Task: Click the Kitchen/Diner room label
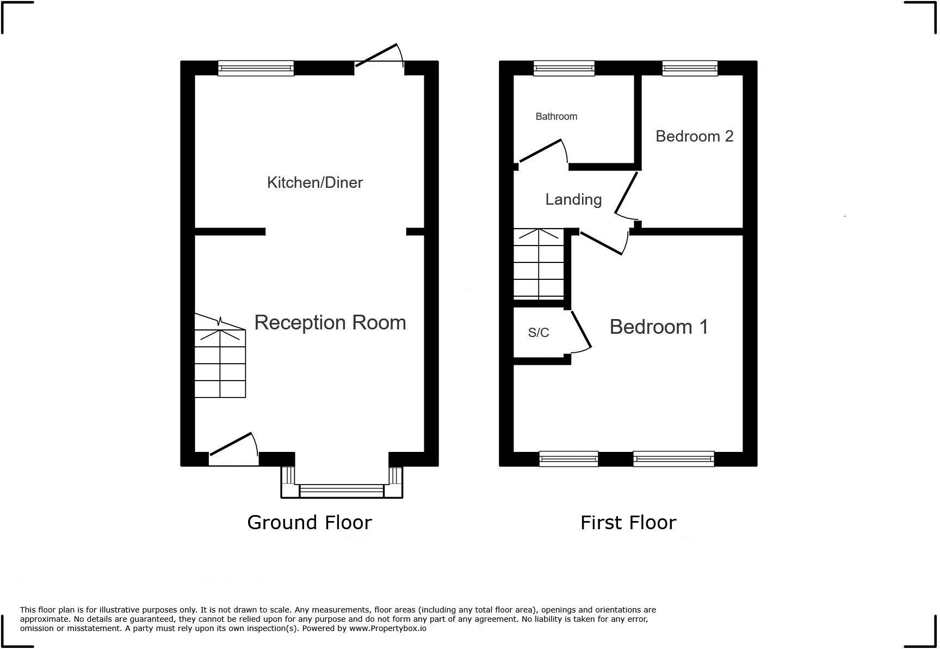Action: click(x=314, y=182)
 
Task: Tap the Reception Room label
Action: click(x=330, y=322)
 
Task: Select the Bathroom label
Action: click(x=556, y=117)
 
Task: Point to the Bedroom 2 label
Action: click(x=694, y=136)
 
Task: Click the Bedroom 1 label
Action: click(x=659, y=327)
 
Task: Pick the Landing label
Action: click(x=573, y=199)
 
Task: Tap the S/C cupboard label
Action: click(x=539, y=333)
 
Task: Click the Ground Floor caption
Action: click(x=309, y=523)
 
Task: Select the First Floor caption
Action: click(x=628, y=523)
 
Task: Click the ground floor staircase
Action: click(x=220, y=362)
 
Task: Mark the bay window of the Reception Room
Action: click(x=342, y=489)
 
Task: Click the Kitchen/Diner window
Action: click(x=256, y=68)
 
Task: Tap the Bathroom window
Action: click(x=564, y=68)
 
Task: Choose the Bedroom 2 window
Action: click(x=689, y=68)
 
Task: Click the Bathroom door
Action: click(x=542, y=151)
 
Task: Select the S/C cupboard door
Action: click(x=581, y=330)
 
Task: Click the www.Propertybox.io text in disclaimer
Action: click(x=388, y=628)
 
